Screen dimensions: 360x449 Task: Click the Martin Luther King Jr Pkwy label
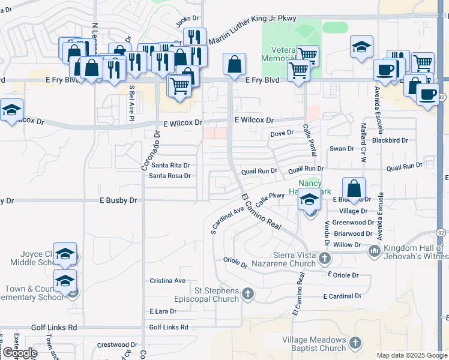[253, 29]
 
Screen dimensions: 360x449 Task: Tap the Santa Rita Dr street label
[170, 165]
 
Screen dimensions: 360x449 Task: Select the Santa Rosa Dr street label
[170, 176]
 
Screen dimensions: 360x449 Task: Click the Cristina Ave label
[167, 280]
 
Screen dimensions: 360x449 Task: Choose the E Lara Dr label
[163, 311]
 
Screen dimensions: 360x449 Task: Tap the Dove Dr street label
[282, 133]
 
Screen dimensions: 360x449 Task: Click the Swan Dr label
[342, 148]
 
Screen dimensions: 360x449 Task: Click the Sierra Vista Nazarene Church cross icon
[325, 259]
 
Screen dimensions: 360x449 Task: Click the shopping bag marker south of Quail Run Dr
[354, 188]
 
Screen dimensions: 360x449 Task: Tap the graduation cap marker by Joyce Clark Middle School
[65, 254]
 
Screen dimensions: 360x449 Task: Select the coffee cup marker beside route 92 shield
[427, 95]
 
